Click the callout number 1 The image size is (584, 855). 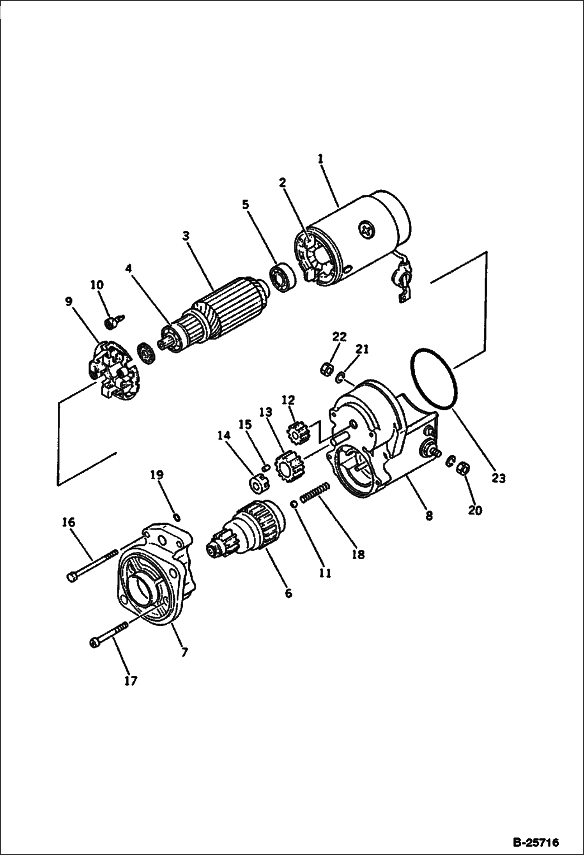pos(320,159)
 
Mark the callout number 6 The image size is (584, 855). pos(288,594)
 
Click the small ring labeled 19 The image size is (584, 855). pos(176,517)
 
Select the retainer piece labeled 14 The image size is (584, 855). pos(257,484)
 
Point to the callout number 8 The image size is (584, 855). pos(428,516)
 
